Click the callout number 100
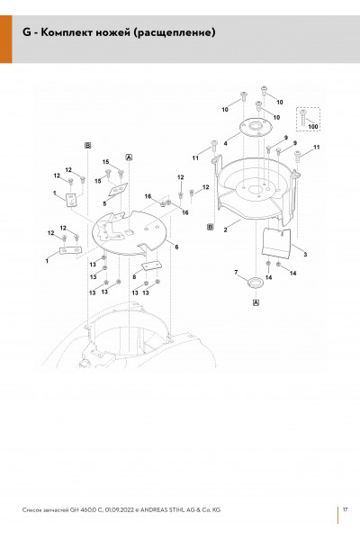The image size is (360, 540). tap(313, 126)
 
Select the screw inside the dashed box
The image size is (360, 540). tap(302, 117)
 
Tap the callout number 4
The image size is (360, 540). tap(225, 143)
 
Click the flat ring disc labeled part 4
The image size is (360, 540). tap(256, 128)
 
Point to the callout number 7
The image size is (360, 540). tap(236, 273)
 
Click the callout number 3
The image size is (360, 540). tap(305, 254)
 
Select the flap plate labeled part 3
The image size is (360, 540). tap(276, 242)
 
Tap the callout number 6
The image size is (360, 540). tap(176, 247)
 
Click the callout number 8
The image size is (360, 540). tap(134, 276)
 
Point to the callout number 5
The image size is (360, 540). tap(104, 203)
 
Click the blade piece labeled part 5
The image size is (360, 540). tap(118, 189)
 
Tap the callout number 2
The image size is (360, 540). tap(225, 229)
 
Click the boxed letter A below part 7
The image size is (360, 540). tap(256, 302)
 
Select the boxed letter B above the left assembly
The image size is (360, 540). tap(88, 145)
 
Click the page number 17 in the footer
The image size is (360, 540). tap(346, 509)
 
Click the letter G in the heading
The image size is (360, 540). tap(27, 32)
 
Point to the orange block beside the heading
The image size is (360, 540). tap(6, 39)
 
